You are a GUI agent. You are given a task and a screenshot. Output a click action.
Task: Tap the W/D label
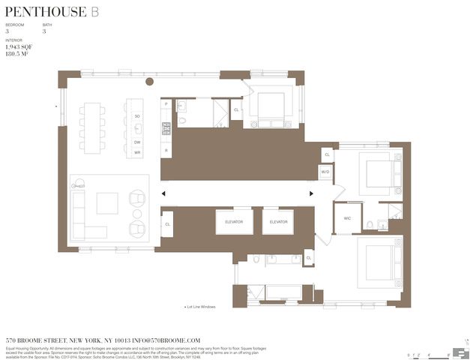[325, 172]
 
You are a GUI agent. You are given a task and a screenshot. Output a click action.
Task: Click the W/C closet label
[348, 219]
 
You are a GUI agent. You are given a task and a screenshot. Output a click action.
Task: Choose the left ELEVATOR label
[234, 222]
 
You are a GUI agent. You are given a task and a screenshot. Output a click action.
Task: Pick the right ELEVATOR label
[278, 222]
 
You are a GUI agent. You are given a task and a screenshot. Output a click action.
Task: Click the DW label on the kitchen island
[137, 142]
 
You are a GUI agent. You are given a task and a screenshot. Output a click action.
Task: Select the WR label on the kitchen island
[137, 153]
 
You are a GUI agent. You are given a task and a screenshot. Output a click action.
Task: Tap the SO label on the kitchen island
[137, 116]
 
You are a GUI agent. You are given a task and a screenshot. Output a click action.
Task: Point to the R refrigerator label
[166, 150]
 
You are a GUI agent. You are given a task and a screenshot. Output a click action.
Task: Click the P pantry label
[166, 106]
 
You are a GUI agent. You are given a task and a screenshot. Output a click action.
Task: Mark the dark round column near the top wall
[149, 82]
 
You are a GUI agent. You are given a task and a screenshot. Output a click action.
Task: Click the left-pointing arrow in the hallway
[164, 193]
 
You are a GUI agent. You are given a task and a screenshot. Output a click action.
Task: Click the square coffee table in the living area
[107, 203]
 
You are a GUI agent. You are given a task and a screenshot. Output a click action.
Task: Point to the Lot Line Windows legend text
[201, 307]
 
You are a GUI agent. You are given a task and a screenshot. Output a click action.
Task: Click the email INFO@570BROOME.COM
[166, 340]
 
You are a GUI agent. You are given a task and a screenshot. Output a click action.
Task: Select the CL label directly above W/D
[327, 155]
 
